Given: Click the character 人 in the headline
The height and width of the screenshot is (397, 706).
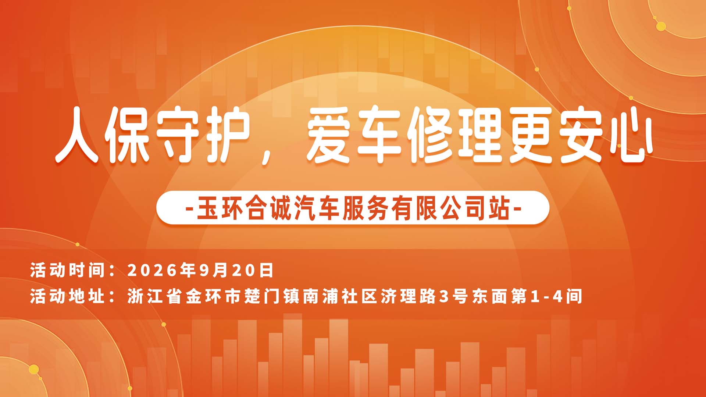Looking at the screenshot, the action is (77, 135).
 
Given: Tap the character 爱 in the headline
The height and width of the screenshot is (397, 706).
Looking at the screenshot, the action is (328, 135).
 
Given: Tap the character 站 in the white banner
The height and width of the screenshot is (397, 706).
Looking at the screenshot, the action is (499, 208).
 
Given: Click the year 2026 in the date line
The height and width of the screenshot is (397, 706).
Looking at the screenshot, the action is (152, 270).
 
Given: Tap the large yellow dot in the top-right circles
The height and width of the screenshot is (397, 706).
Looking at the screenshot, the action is (661, 26).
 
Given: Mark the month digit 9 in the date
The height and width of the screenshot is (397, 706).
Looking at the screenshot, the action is (204, 270).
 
